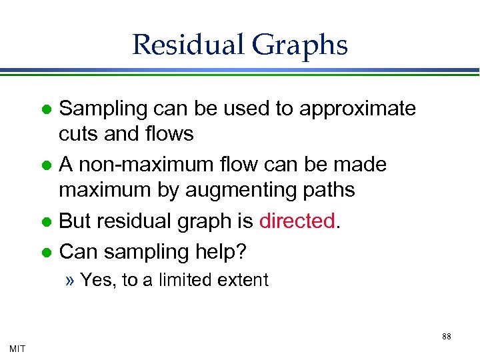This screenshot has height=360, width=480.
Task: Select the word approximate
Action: [x=358, y=109]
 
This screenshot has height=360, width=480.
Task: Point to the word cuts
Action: [x=78, y=134]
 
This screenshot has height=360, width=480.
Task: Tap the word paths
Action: [x=327, y=190]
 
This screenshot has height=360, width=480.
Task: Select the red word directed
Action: [x=297, y=221]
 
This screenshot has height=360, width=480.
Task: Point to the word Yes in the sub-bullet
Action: [x=97, y=280]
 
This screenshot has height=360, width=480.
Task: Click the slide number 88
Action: [x=446, y=337]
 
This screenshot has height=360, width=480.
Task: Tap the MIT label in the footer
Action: [x=17, y=347]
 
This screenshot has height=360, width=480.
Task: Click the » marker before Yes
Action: [x=70, y=280]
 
